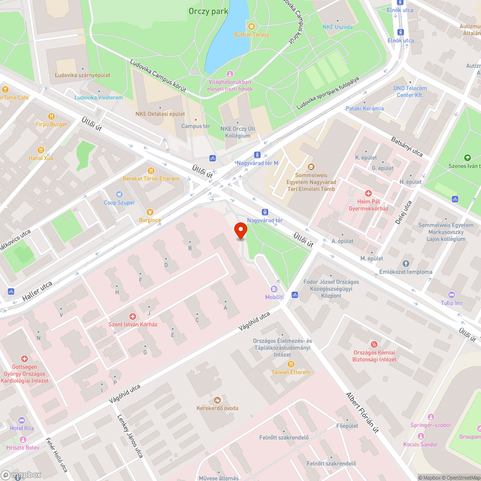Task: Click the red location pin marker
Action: [x=240, y=230]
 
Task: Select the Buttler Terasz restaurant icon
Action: [x=252, y=26]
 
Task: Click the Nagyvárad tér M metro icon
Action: [x=257, y=155]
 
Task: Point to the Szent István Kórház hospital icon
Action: [x=133, y=316]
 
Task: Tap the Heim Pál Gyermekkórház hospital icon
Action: [x=368, y=193]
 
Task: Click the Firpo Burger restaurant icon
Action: [x=51, y=116]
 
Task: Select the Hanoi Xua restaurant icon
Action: [x=41, y=150]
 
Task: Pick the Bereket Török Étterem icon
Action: [x=151, y=170]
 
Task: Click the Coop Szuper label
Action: [x=119, y=203]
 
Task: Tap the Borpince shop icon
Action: [x=150, y=212]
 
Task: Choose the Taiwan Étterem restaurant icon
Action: [x=291, y=364]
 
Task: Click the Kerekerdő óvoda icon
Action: [x=217, y=400]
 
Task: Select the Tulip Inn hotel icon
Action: [x=451, y=294]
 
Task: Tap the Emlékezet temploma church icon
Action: [x=405, y=263]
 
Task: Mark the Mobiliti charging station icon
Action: [x=274, y=289]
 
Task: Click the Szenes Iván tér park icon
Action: [x=467, y=157]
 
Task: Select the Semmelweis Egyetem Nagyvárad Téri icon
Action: [x=311, y=167]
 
